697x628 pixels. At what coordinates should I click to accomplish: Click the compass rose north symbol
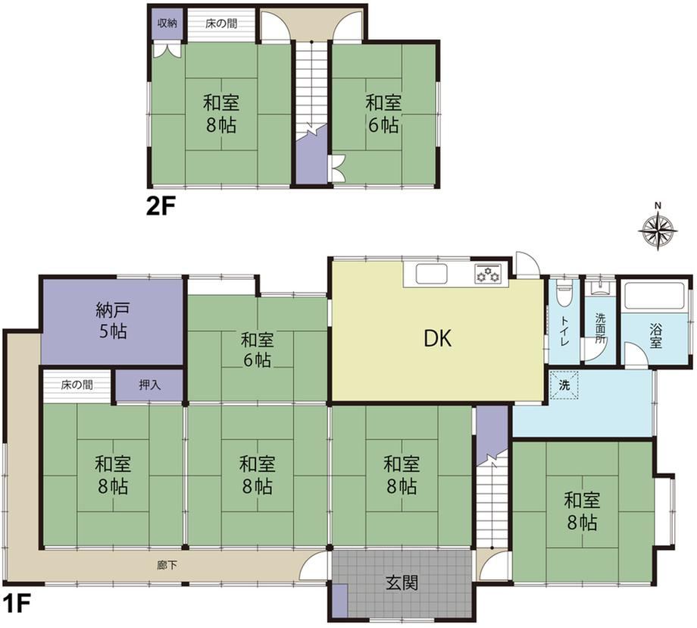(658, 228)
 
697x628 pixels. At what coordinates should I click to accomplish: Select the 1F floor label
(16, 604)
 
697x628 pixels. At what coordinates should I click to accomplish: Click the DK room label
(437, 339)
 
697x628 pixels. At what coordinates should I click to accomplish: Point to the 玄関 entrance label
(402, 582)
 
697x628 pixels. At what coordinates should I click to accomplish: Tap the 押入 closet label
(149, 385)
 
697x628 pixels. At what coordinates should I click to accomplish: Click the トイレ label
(563, 331)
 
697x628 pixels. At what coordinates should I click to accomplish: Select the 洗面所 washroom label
(601, 328)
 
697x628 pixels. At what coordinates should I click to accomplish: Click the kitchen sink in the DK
(431, 273)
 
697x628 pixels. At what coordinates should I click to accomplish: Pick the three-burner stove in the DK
(488, 273)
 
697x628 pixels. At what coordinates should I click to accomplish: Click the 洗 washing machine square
(564, 385)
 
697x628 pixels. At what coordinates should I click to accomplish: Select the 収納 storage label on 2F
(167, 24)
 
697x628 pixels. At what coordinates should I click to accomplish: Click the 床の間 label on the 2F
(221, 24)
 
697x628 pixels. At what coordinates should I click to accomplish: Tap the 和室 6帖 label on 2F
(383, 115)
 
